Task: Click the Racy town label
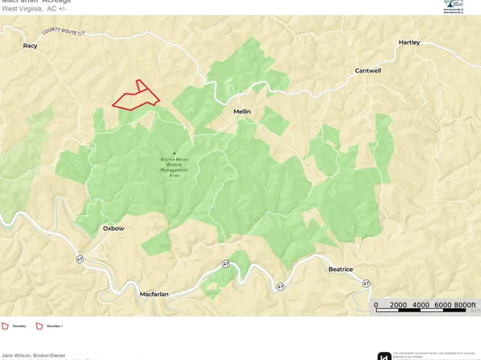tap(30, 46)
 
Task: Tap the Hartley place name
tap(409, 42)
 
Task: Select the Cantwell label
tap(367, 70)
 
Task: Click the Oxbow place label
tap(113, 228)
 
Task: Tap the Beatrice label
tap(341, 269)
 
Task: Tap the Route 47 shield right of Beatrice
tap(366, 283)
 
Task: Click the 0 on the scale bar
tap(376, 304)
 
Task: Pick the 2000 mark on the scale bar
tap(399, 304)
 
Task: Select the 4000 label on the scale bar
tap(420, 304)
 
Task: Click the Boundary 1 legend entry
tap(48, 326)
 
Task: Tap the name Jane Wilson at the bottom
tap(18, 355)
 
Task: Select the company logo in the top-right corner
tap(454, 6)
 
